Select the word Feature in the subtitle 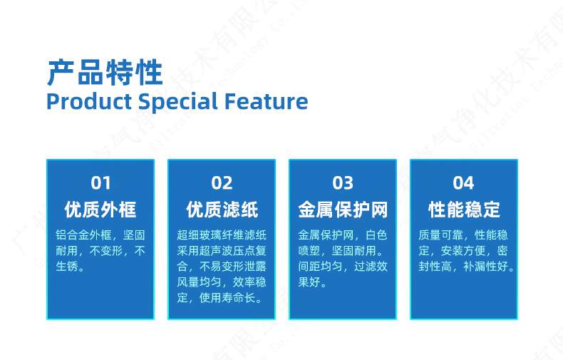267,101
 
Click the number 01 100,183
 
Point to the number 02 222,183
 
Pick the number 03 343,183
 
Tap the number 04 463,183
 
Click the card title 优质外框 100,210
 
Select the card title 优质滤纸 222,210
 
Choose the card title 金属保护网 343,210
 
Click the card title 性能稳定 464,210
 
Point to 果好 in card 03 309,282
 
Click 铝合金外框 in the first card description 84,235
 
